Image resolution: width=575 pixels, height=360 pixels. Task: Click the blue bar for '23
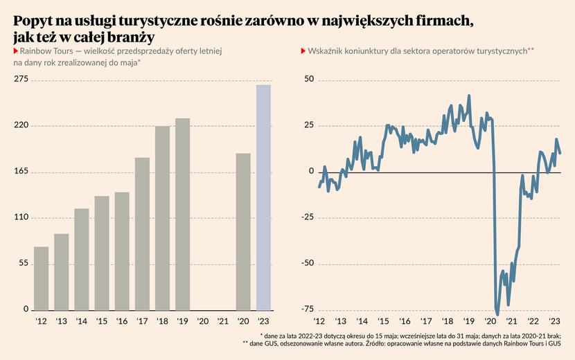coord(263,197)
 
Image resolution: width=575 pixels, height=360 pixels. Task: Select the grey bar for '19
coord(183,214)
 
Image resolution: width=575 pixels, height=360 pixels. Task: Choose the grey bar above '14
coord(82,259)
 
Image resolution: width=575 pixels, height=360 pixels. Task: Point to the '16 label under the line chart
coord(405,322)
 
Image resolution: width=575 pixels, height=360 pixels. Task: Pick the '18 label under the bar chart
coord(162,322)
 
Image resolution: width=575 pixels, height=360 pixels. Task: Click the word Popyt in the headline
coord(33,21)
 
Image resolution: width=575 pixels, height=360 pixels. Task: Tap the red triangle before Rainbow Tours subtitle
coord(15,52)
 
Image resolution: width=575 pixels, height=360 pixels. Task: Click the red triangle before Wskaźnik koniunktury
coord(302,52)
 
